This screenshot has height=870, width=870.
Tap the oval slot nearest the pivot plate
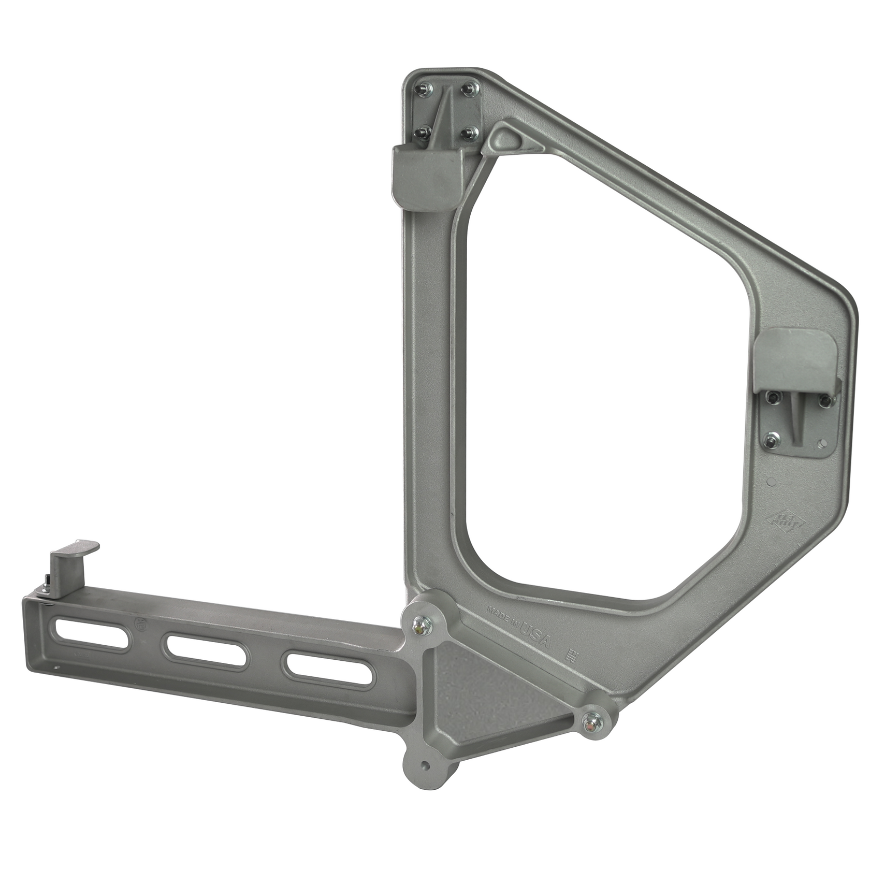[x=322, y=669]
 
